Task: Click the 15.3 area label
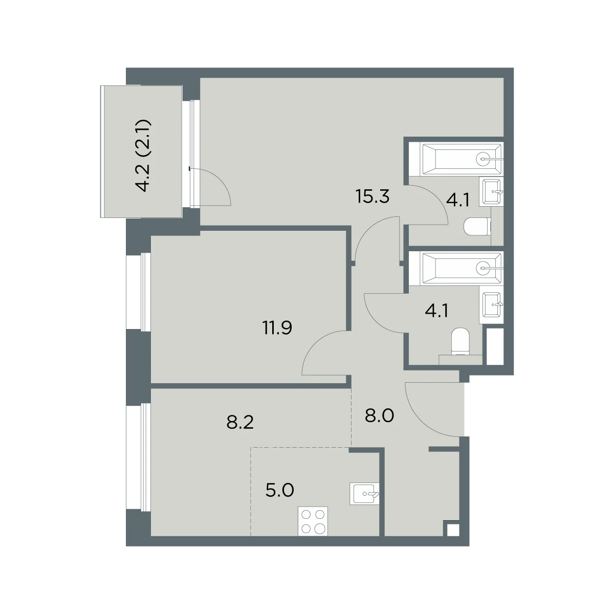coord(372,196)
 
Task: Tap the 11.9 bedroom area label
coord(277,327)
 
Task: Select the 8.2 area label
coord(240,423)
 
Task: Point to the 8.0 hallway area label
coord(379,415)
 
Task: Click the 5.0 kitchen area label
coord(279,490)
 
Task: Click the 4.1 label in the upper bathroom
coord(457,201)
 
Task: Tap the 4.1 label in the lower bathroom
coord(436,311)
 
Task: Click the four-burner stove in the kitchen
coord(313,521)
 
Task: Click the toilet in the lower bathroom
coord(461,341)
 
